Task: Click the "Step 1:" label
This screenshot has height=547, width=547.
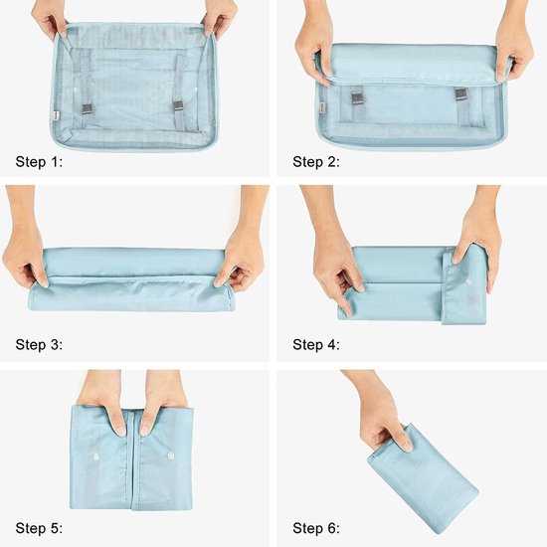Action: tap(39, 162)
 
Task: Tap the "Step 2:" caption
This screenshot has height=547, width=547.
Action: tap(316, 162)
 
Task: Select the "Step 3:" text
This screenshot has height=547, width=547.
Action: tap(39, 345)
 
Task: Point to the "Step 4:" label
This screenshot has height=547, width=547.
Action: tap(316, 345)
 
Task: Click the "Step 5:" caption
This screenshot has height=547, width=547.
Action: tap(39, 528)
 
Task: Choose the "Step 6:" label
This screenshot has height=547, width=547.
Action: tap(316, 528)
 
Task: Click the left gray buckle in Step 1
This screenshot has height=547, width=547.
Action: tap(88, 108)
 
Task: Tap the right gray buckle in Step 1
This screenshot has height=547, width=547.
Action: tap(178, 106)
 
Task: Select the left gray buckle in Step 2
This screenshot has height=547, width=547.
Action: tap(359, 98)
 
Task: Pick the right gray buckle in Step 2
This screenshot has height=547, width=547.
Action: tap(460, 94)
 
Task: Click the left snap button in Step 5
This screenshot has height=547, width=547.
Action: tap(95, 456)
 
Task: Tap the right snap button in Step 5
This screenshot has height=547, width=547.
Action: tap(171, 456)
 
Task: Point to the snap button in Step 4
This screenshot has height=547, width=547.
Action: tap(467, 281)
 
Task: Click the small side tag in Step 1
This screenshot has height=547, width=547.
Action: tap(56, 115)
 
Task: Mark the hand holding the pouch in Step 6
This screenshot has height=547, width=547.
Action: tap(379, 412)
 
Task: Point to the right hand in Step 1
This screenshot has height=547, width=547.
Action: tap(219, 18)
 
